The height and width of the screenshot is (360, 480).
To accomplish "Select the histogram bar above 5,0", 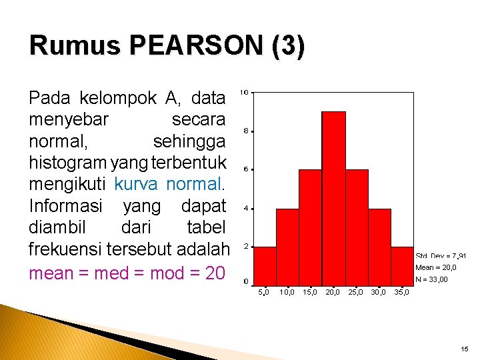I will (265, 265).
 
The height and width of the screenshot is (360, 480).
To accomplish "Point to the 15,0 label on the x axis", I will (310, 292).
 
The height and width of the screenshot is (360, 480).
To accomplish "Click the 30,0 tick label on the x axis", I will (378, 292).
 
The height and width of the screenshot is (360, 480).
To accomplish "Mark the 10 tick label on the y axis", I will (245, 92).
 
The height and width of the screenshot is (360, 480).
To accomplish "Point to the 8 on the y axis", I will (246, 131).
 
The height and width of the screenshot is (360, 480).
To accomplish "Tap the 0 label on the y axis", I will (246, 281).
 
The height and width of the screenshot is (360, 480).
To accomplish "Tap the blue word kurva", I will (137, 183).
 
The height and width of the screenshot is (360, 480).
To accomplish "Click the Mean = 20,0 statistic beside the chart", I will (436, 267).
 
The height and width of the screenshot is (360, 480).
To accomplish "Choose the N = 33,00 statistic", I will (431, 279).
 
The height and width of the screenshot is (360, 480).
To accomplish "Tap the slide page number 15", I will (464, 349).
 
